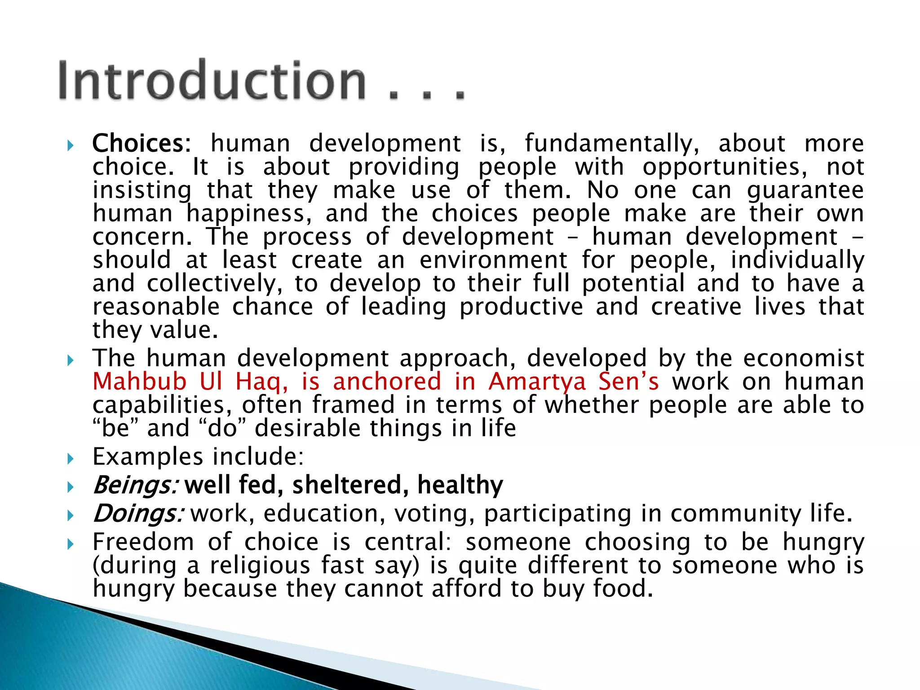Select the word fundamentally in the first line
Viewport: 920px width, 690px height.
(612, 144)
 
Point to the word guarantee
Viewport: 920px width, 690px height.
(805, 190)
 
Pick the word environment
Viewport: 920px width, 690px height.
(494, 261)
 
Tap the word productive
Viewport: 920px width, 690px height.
(521, 307)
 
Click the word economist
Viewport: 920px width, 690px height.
(803, 358)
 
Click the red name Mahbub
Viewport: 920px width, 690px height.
(139, 382)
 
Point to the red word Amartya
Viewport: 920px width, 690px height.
(537, 382)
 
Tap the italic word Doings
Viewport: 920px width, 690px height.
(137, 514)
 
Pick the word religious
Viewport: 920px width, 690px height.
(260, 566)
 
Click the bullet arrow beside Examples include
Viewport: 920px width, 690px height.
(70, 459)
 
